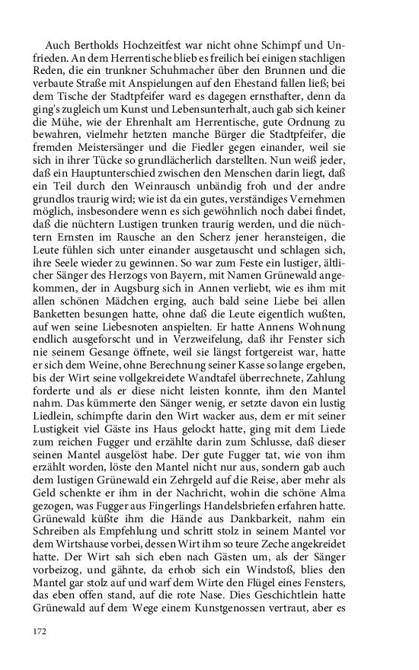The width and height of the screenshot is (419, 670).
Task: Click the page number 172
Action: pyautogui.click(x=40, y=630)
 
